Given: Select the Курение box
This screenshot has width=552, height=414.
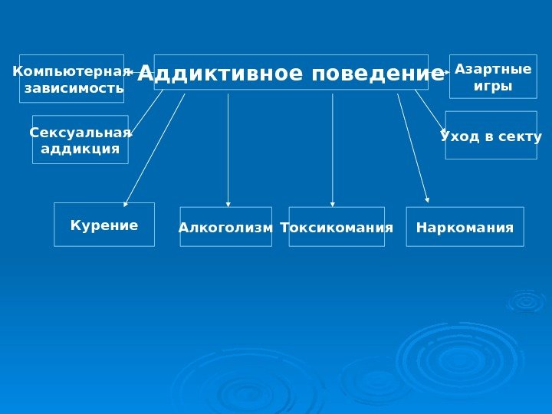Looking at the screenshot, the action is [104, 225].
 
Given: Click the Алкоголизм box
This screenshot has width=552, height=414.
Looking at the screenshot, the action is [225, 228].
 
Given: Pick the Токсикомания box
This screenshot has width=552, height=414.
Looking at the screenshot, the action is [337, 228].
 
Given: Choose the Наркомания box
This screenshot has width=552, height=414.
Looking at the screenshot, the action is [465, 228].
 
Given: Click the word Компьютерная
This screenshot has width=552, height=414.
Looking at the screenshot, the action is [71, 71].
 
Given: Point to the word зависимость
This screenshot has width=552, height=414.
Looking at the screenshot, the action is [74, 88].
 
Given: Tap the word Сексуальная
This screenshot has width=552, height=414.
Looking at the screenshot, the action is [80, 133].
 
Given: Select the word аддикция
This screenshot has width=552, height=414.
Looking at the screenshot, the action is [80, 148].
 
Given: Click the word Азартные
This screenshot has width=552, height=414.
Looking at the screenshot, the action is [493, 69].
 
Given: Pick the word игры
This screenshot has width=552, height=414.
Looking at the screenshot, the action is [493, 86].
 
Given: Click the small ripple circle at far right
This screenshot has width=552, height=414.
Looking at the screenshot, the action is [526, 301].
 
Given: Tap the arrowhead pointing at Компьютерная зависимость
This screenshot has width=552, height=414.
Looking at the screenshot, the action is [128, 72].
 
